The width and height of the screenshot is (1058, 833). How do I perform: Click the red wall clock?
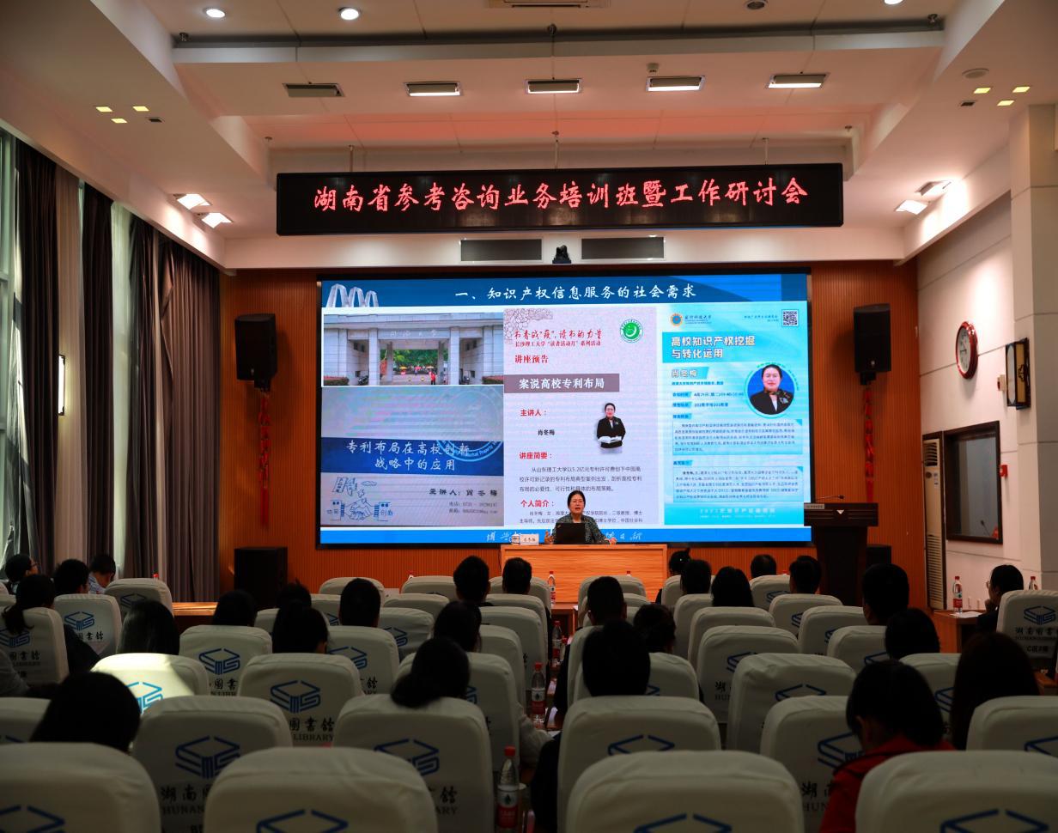click(x=966, y=350)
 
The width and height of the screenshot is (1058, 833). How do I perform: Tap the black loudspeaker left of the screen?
click(x=256, y=347)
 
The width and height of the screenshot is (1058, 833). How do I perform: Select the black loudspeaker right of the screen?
click(x=872, y=338)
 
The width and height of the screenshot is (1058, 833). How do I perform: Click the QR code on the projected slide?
click(x=790, y=318)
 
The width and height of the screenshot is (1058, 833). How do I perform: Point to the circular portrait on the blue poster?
click(x=769, y=390)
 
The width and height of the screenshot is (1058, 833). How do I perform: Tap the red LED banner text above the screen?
click(x=560, y=197)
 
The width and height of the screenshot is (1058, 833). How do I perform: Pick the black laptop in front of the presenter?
click(x=569, y=532)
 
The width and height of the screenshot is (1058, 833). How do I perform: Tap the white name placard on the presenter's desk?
click(x=525, y=538)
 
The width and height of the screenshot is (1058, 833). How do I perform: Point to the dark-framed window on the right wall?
click(x=974, y=482)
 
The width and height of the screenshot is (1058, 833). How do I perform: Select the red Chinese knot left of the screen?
click(x=264, y=455)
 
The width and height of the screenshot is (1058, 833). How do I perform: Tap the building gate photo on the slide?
click(x=413, y=349)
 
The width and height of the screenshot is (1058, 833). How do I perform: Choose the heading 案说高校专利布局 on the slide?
click(x=567, y=383)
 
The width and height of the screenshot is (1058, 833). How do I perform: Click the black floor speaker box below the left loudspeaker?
click(x=259, y=577)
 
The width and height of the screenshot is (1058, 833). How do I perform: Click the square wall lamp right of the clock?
click(x=1018, y=373)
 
